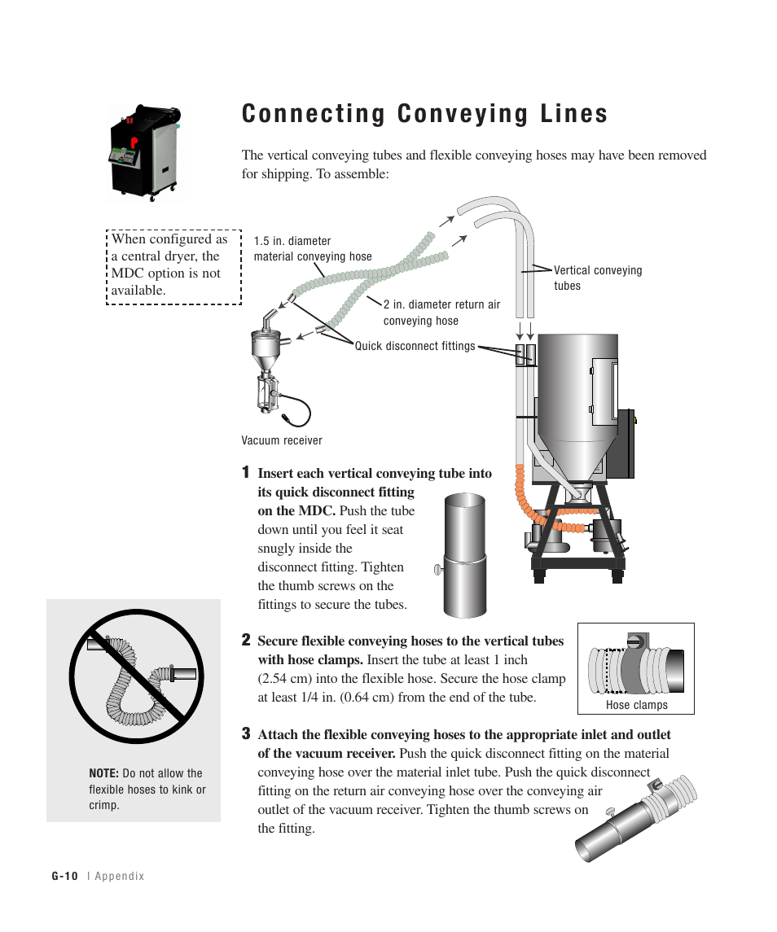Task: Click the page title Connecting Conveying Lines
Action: (424, 114)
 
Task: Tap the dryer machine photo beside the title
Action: (145, 152)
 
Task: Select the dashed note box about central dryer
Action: (173, 265)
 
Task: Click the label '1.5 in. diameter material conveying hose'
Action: (312, 249)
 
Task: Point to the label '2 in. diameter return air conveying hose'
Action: (441, 313)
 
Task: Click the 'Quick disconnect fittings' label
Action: (415, 346)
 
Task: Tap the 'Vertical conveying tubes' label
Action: (597, 278)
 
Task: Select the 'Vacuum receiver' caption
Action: (282, 440)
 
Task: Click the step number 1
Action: (245, 472)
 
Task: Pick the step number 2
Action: (245, 640)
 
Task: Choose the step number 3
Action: (245, 733)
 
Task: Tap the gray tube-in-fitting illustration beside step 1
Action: (465, 554)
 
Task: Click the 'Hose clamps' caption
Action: (636, 705)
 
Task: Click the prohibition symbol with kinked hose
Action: (136, 676)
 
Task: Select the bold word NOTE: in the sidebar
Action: (103, 773)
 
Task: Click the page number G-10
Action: (64, 876)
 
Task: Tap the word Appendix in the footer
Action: (119, 876)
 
